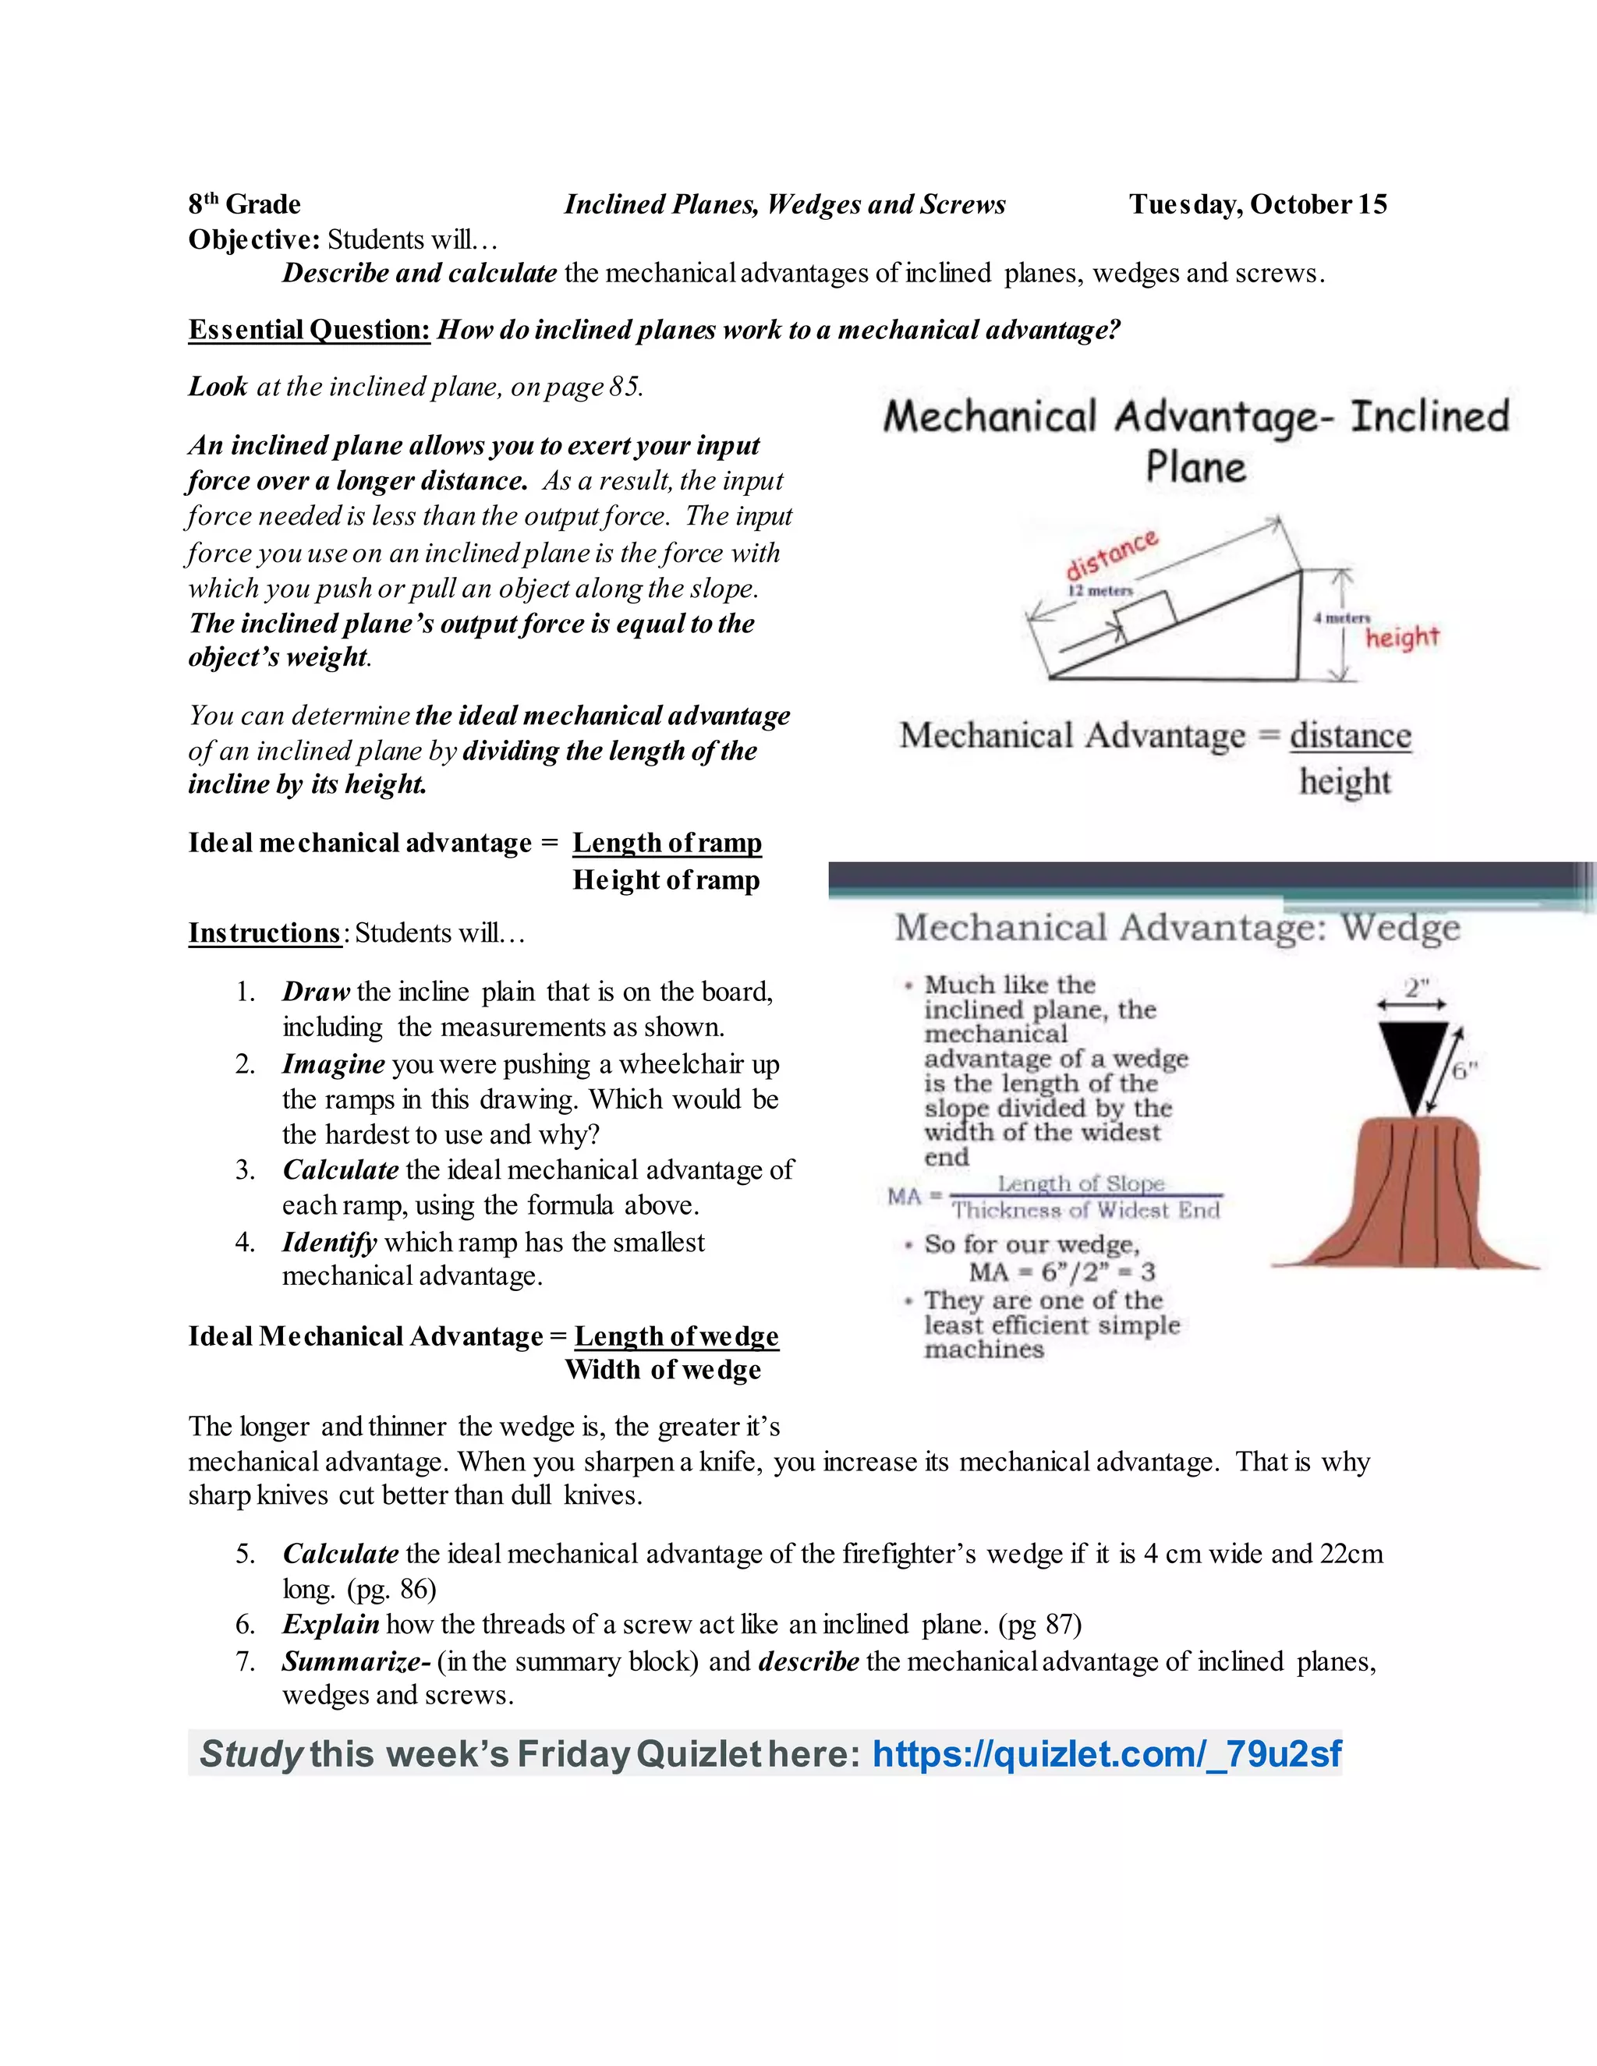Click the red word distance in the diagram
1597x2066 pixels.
(1112, 555)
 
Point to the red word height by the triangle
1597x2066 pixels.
(1401, 638)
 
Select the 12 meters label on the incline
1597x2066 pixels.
(1100, 591)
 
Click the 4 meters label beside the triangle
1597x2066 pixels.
(1341, 617)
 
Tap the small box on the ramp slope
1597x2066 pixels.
(1144, 615)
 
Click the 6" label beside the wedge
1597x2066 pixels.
(1464, 1071)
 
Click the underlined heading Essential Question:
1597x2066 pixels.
(310, 330)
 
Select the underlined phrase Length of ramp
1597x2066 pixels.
(667, 843)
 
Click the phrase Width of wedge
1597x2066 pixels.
(664, 1370)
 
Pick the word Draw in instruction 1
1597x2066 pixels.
(316, 992)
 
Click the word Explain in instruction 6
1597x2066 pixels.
(330, 1624)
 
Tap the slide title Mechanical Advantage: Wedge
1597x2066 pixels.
(1177, 927)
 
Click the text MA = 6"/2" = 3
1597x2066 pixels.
(1061, 1272)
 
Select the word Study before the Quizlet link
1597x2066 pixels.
(250, 1754)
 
